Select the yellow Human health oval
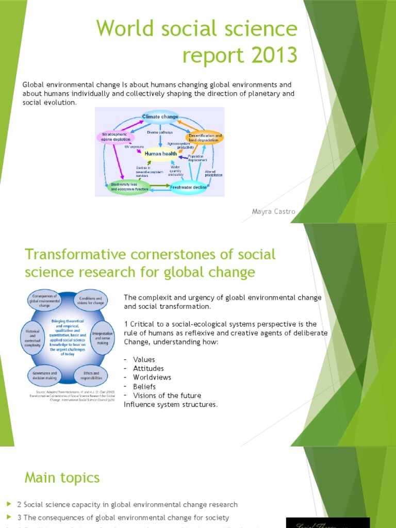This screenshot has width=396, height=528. point(160,153)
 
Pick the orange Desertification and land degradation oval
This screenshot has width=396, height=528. point(205,138)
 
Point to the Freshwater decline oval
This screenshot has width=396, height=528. point(189,187)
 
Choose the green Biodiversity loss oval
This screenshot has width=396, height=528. point(129,187)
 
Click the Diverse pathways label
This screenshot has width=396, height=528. point(159,132)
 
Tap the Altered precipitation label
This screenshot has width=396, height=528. point(213,173)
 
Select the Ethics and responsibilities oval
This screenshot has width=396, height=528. point(91,375)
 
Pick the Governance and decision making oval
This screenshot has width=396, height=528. point(44,375)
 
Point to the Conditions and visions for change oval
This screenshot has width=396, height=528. point(91,301)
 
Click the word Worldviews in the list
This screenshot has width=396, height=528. point(152,377)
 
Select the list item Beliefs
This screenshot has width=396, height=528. point(144,386)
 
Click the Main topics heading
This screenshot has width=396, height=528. point(62,477)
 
